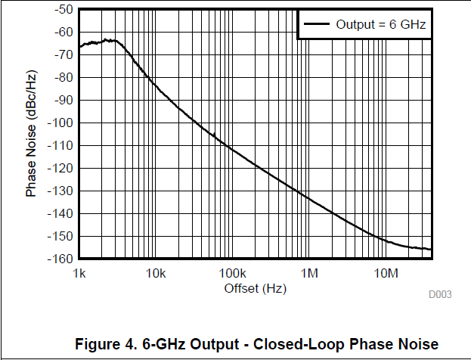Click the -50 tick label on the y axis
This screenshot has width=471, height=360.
pos(64,9)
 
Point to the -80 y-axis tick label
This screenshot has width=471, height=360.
pos(64,77)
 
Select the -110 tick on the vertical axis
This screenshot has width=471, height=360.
pos(60,145)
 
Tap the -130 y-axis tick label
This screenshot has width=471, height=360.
pos(60,191)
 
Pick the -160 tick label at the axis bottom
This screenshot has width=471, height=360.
pos(60,259)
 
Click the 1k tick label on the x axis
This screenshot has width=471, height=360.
pos(79,272)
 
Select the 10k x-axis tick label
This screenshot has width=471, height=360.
pos(156,272)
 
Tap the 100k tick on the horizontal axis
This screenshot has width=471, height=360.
pos(232,272)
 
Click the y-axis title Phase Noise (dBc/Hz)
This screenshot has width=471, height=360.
pos(32,134)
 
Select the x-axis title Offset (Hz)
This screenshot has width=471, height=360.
pos(256,288)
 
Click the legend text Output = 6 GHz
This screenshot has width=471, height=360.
pos(381,24)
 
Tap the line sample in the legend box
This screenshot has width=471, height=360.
pos(317,24)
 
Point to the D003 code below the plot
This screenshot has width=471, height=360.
pos(441,294)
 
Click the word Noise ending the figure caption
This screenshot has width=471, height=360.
pos(418,343)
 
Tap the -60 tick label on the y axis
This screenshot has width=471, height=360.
pos(64,32)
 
